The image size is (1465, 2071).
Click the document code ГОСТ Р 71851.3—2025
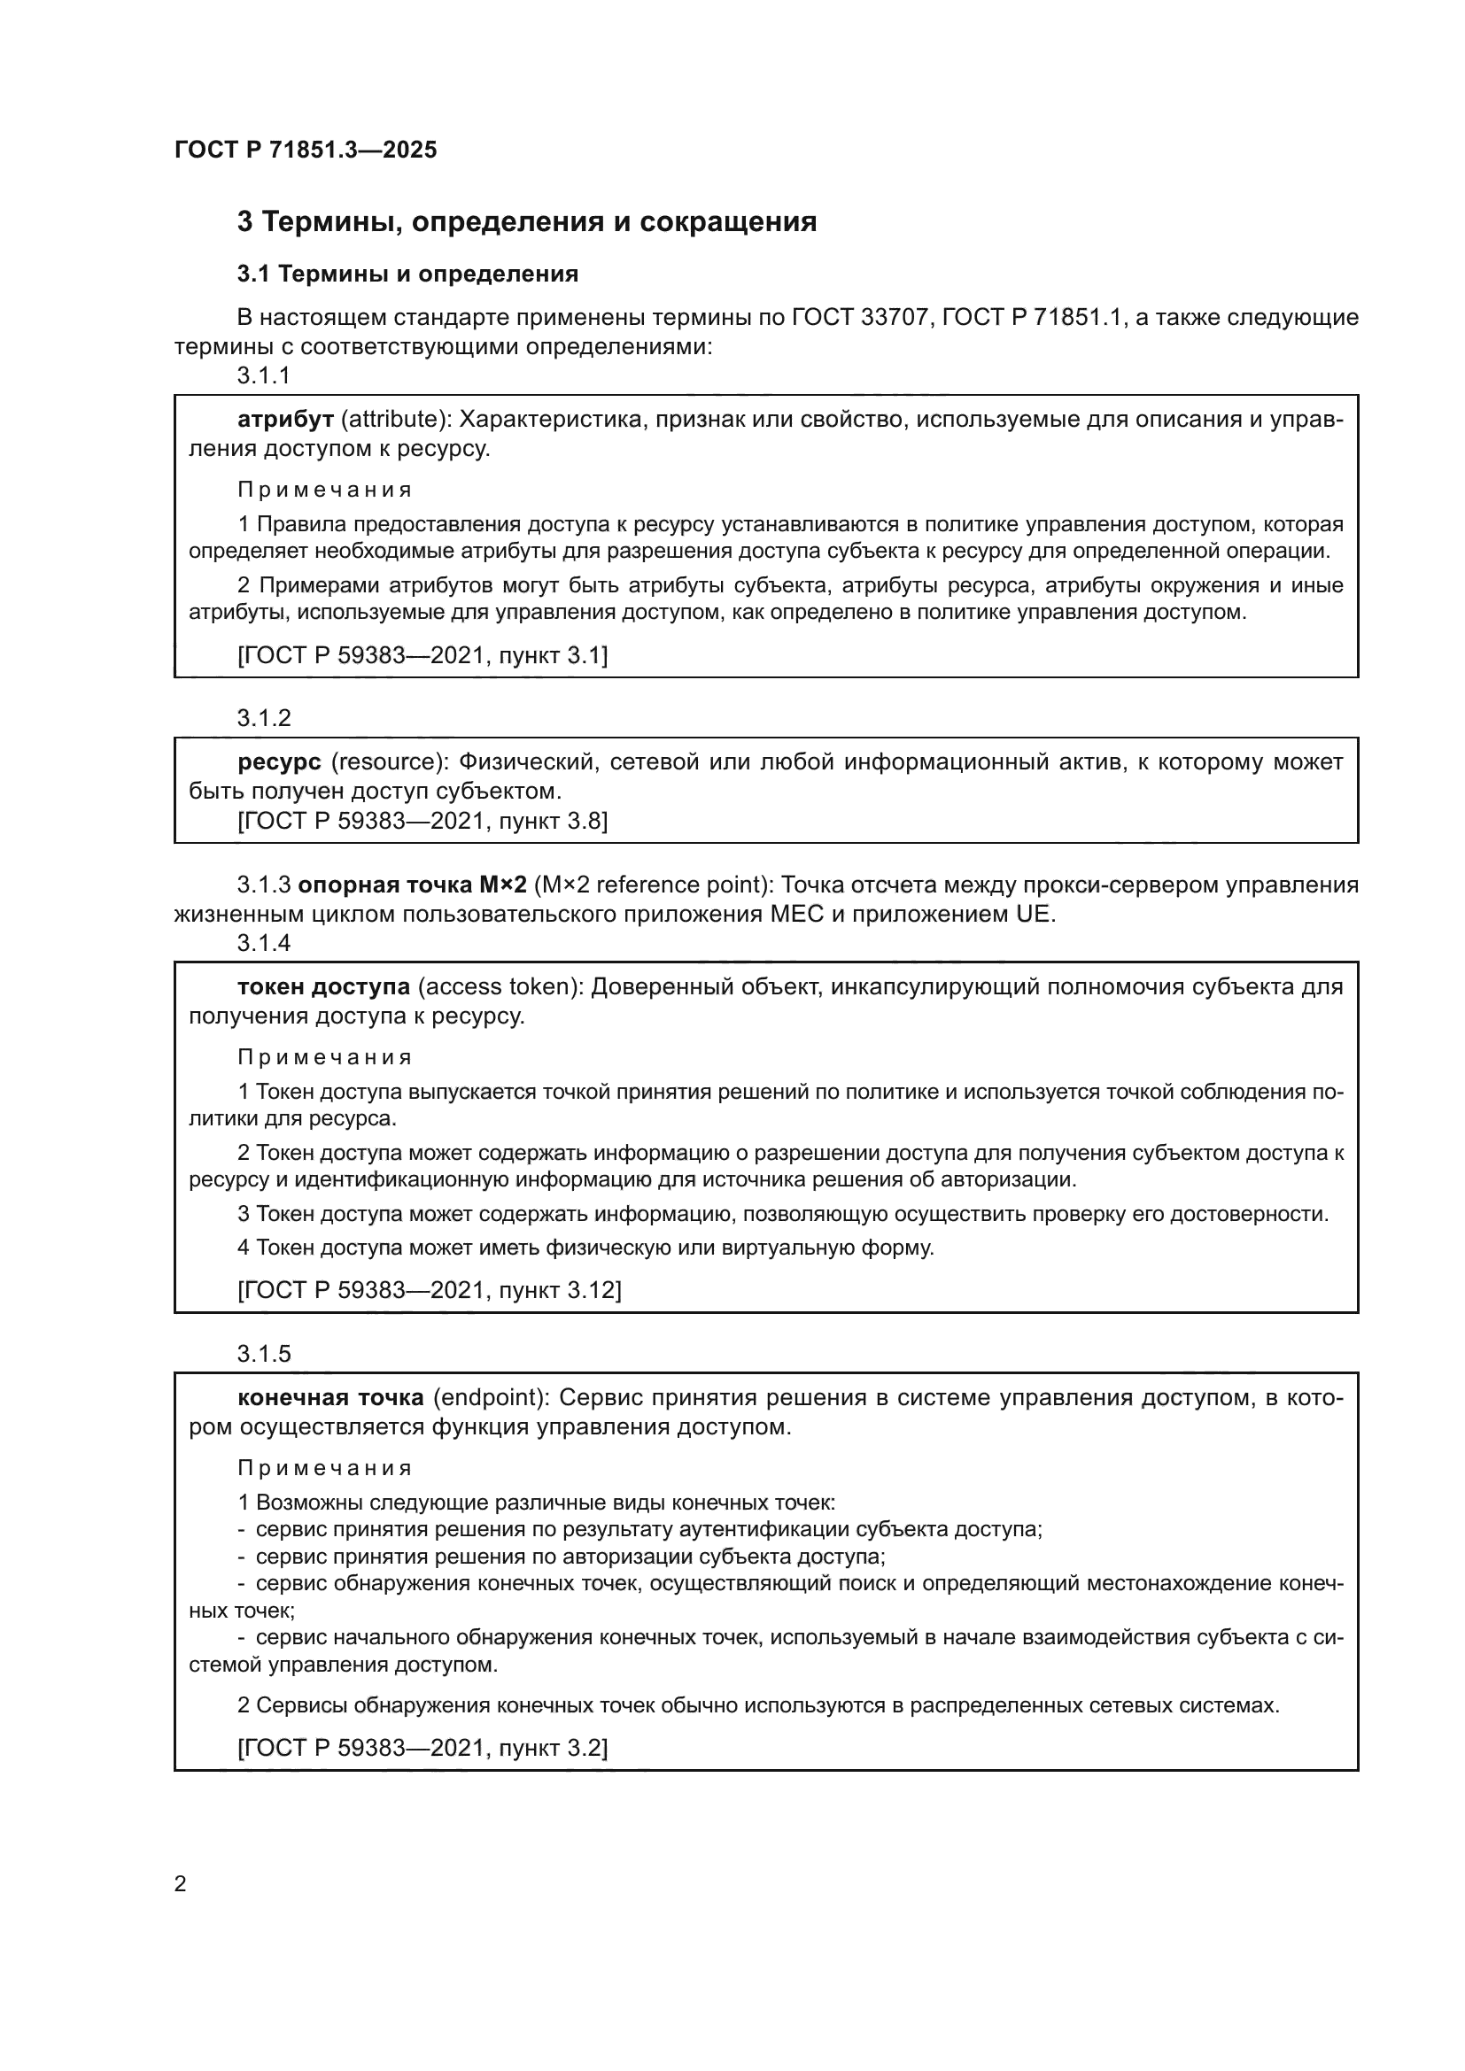(x=306, y=150)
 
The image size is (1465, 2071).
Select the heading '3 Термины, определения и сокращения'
(x=527, y=222)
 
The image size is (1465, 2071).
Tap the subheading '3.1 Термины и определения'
(x=407, y=274)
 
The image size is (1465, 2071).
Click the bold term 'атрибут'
(x=286, y=420)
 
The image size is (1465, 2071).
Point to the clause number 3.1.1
(x=263, y=376)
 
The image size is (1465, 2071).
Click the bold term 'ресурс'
(x=280, y=762)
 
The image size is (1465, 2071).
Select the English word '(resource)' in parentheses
(x=390, y=762)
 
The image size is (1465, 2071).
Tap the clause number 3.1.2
(x=263, y=718)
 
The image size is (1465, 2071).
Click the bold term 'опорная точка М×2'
(x=412, y=885)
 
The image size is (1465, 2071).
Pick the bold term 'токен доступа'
(x=324, y=986)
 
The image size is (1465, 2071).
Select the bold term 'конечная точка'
(x=330, y=1398)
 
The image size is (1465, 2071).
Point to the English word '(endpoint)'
(x=492, y=1398)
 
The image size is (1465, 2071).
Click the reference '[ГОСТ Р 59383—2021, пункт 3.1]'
(x=422, y=656)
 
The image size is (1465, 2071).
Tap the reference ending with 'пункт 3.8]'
(x=422, y=821)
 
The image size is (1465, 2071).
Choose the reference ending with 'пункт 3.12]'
(x=430, y=1291)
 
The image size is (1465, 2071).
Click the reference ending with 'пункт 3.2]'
(x=422, y=1749)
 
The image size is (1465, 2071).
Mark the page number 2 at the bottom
(x=181, y=1884)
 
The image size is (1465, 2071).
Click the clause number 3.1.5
(x=263, y=1354)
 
